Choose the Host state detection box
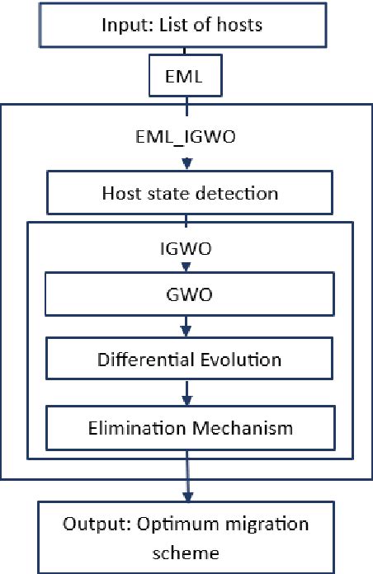click(x=189, y=194)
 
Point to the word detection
click(x=241, y=194)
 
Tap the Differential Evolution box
click(x=189, y=360)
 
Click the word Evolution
click(x=243, y=360)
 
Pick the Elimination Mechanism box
click(x=189, y=428)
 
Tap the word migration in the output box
click(x=254, y=525)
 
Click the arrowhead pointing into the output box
click(x=189, y=496)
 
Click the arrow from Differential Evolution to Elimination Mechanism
click(x=189, y=394)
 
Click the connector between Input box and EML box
click(x=188, y=54)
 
